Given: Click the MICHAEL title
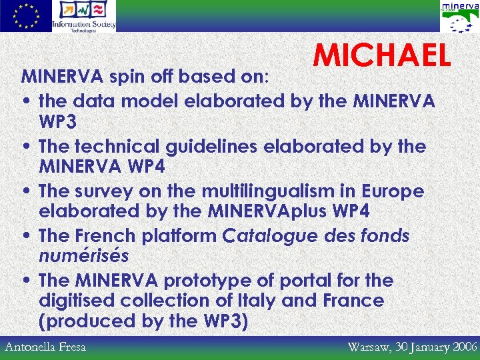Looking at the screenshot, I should click(383, 57).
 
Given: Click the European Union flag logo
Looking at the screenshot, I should click(25, 16).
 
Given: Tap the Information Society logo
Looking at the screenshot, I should click(84, 16).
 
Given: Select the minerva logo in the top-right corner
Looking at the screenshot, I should click(459, 16).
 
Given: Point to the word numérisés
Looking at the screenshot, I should click(83, 256).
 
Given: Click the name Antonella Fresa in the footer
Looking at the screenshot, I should click(45, 347).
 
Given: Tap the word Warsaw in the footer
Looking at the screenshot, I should click(370, 347).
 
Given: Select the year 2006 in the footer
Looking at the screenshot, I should click(462, 347).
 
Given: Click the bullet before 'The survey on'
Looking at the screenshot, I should click(25, 192).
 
